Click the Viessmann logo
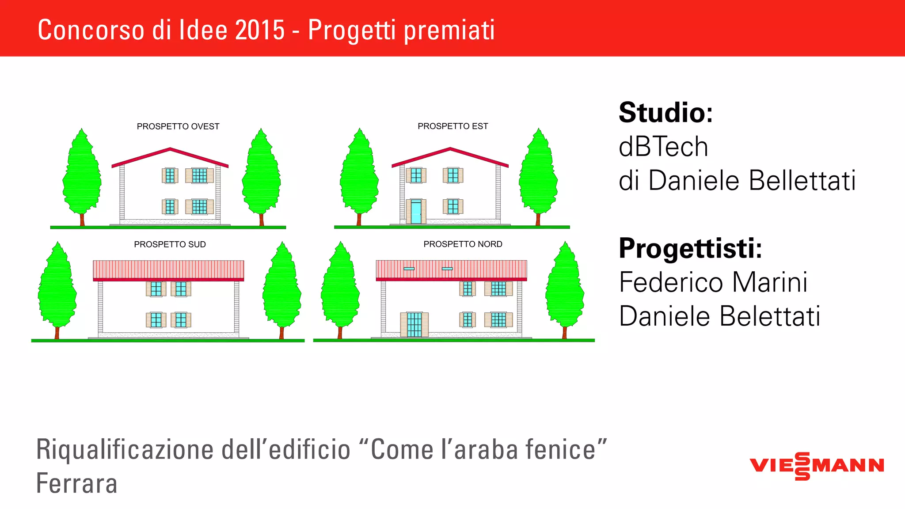tap(817, 466)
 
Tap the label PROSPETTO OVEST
tap(178, 126)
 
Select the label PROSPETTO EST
tap(452, 126)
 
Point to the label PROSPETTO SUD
tap(170, 244)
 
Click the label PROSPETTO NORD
tap(463, 244)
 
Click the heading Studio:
tap(665, 113)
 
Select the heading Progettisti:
tap(690, 248)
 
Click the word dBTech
tap(663, 147)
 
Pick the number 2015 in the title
tap(260, 30)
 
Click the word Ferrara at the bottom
tap(76, 483)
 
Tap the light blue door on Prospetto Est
tap(416, 212)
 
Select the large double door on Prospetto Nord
tap(414, 325)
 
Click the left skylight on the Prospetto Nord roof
tap(409, 269)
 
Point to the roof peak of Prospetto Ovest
tap(170, 149)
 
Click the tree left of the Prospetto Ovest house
tap(82, 177)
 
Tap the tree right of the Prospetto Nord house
tap(564, 289)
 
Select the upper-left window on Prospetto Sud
tap(156, 289)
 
